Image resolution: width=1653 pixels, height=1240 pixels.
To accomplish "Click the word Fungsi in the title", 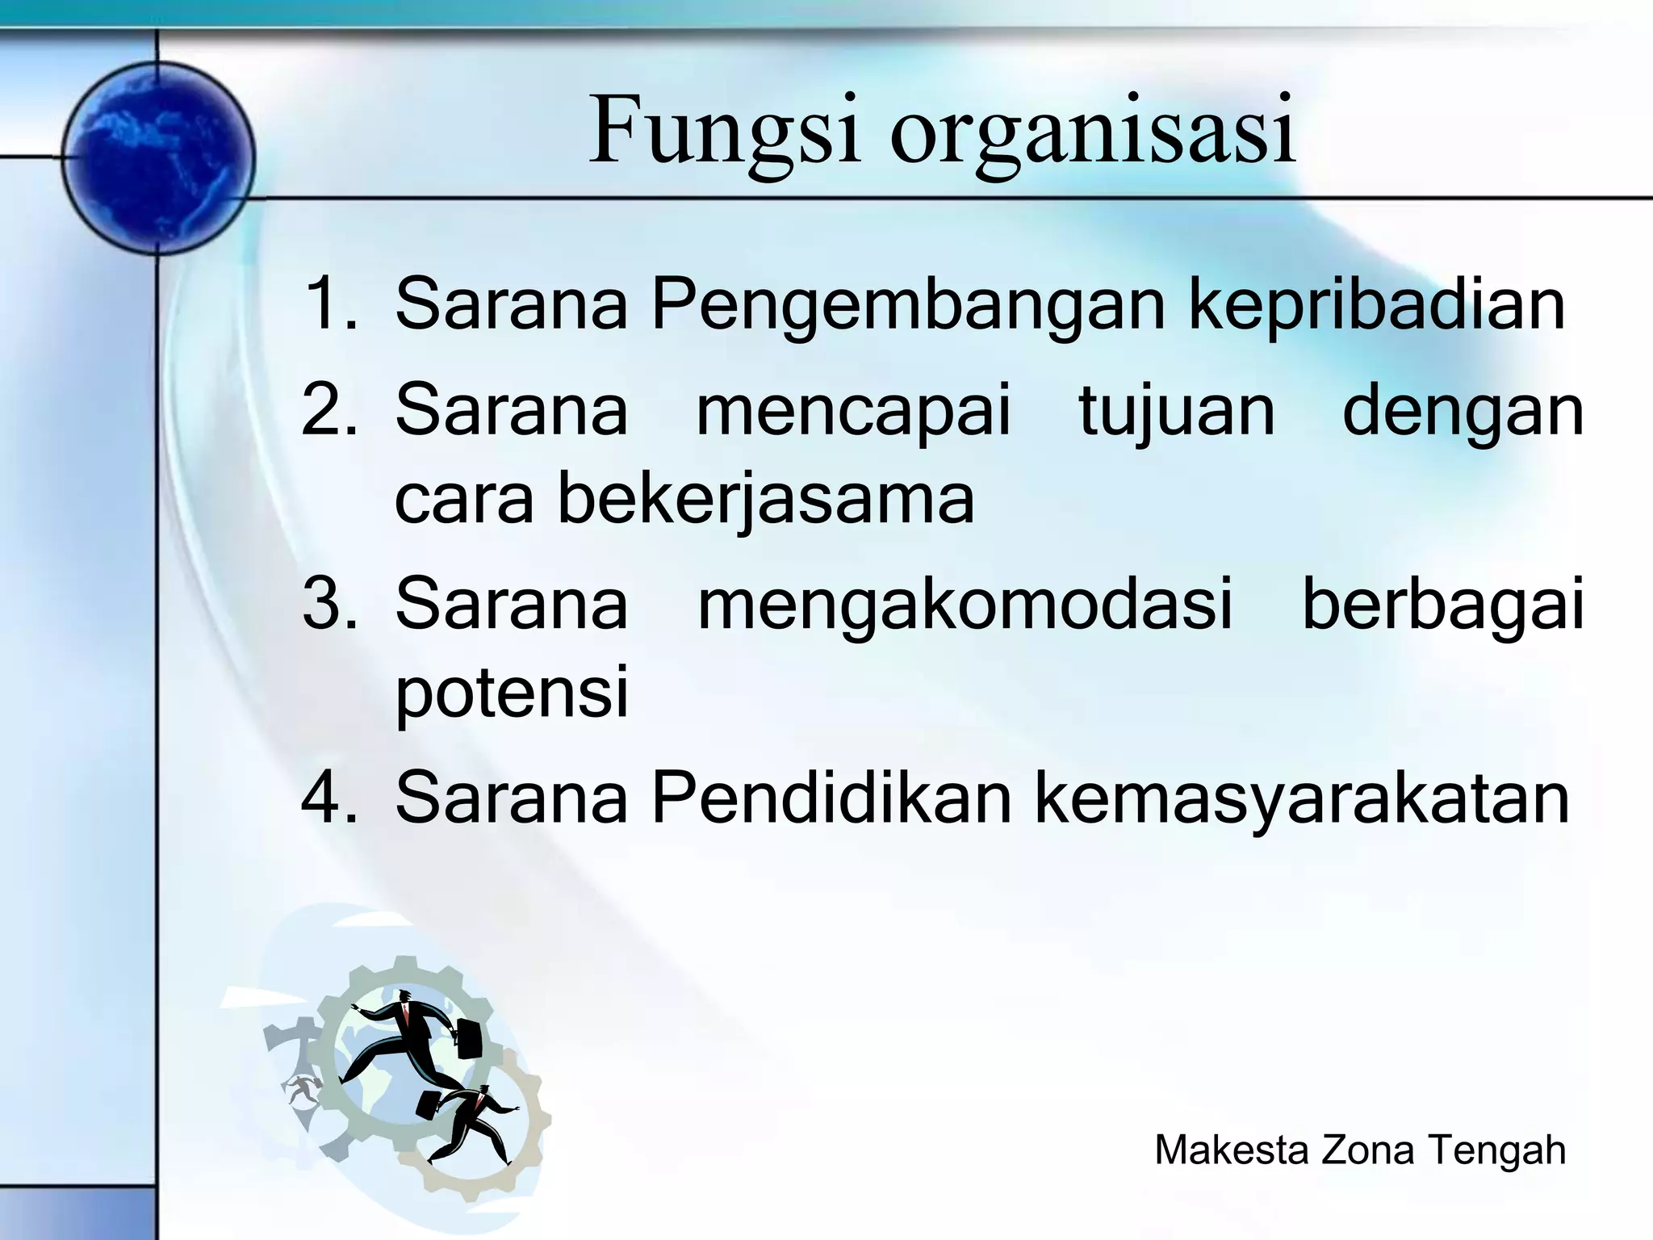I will click(x=724, y=131).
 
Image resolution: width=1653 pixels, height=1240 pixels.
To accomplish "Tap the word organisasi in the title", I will click(x=1093, y=133).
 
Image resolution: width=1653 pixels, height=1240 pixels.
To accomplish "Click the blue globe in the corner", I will click(x=158, y=158).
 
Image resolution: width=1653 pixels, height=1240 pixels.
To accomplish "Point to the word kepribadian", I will click(x=1377, y=304).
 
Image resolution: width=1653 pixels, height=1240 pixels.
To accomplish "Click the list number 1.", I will click(x=329, y=304).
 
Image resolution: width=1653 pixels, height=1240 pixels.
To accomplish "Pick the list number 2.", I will click(x=329, y=410).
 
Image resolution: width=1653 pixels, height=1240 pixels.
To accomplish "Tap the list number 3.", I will click(x=329, y=604).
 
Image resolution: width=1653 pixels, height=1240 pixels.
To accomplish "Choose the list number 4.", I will click(x=329, y=798).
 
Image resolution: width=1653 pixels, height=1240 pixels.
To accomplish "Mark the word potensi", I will click(x=512, y=693).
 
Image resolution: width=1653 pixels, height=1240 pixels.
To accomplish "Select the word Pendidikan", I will click(x=831, y=798).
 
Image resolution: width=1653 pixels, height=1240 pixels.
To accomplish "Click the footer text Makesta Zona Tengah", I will click(x=1360, y=1150).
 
